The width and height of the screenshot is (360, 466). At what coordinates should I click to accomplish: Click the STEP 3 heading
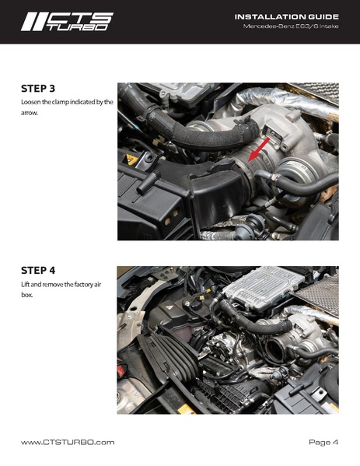pos(42,88)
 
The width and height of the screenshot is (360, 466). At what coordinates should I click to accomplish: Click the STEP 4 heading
pos(42,271)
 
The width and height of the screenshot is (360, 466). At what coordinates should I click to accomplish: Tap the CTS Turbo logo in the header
pos(67,21)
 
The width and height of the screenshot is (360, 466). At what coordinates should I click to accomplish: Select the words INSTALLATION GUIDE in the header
pos(286,16)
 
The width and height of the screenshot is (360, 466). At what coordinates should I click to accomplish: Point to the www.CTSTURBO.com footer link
pos(68,442)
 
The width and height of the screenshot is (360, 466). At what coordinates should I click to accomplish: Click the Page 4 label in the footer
pos(323,442)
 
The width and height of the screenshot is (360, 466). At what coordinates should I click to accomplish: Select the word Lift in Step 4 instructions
pos(26,285)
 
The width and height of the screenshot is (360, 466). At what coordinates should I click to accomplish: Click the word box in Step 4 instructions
pos(26,295)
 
